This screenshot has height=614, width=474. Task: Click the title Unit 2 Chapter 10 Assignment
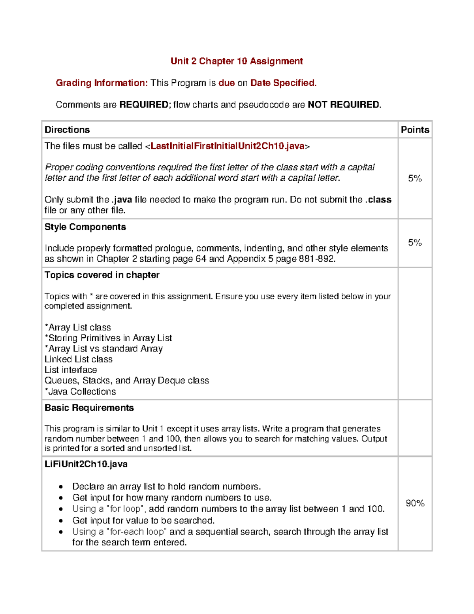tap(237, 61)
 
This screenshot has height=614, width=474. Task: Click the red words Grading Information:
tap(102, 83)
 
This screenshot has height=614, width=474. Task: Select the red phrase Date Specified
tap(283, 83)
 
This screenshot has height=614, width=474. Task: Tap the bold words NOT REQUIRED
tap(344, 105)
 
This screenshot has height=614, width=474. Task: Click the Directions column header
tap(67, 130)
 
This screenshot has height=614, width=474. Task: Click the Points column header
tap(415, 130)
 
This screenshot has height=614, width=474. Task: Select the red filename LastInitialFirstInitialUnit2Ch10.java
tap(227, 146)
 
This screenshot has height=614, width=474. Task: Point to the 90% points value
tap(415, 503)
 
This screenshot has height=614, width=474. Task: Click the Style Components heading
tap(85, 227)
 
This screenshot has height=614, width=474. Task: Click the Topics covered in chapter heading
tap(102, 275)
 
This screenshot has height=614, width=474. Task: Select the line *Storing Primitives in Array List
tap(108, 338)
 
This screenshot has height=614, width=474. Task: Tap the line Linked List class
tap(79, 359)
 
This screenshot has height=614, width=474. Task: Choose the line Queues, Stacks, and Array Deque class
tap(127, 381)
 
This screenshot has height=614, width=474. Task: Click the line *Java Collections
tap(80, 392)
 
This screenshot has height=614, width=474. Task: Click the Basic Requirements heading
tap(89, 408)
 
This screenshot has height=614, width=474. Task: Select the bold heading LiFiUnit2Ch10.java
tap(86, 464)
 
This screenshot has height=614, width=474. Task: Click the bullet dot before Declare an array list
tap(60, 487)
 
